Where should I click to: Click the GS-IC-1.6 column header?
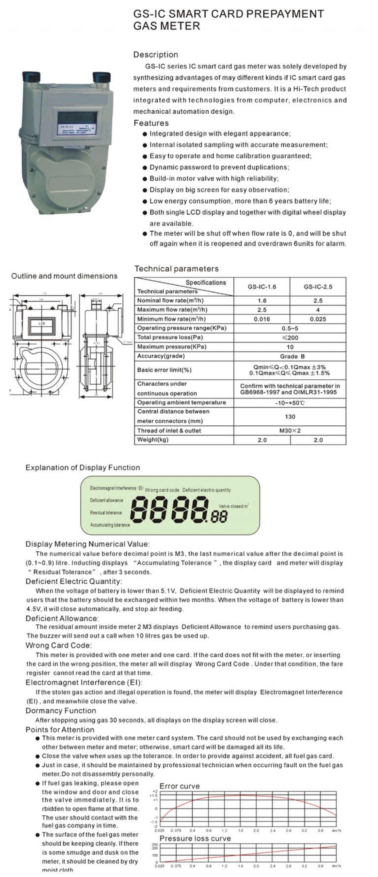click(262, 286)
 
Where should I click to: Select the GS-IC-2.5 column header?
click(318, 286)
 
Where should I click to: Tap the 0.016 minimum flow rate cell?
click(262, 319)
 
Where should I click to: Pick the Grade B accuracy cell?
click(290, 356)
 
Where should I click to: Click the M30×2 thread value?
click(290, 431)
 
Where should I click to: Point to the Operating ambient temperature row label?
click(181, 403)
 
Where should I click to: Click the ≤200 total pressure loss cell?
click(290, 338)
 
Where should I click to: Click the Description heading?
click(156, 55)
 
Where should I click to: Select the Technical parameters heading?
click(176, 269)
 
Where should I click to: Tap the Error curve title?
click(180, 786)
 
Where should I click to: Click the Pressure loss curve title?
click(195, 838)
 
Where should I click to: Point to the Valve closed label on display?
click(233, 506)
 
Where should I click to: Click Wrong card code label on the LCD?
click(162, 490)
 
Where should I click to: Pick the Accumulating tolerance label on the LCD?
click(110, 525)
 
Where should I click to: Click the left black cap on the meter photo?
click(31, 77)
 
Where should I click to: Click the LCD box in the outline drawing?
click(42, 323)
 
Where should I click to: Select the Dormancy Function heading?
click(61, 711)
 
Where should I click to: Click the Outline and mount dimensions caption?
click(64, 276)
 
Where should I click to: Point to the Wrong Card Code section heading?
click(58, 645)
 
